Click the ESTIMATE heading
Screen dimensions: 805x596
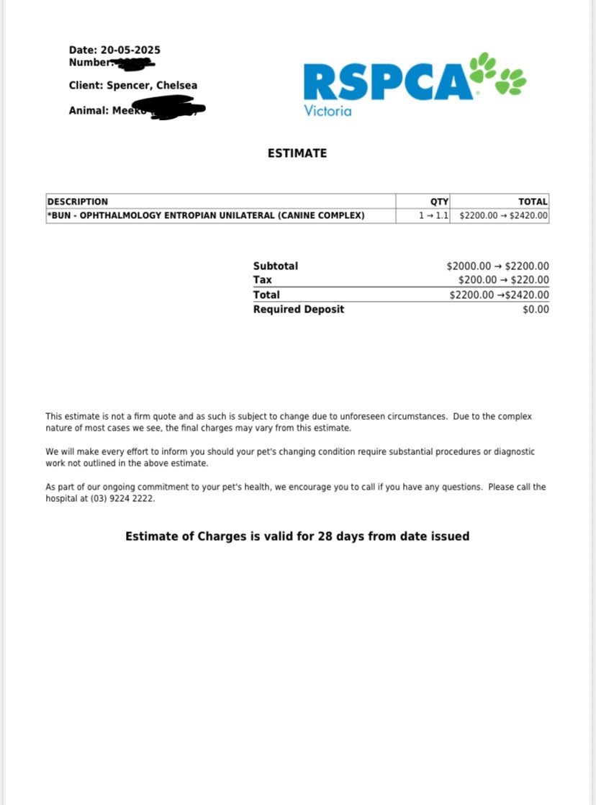tap(297, 153)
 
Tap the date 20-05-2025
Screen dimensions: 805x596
tap(130, 50)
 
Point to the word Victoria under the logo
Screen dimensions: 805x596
tap(328, 111)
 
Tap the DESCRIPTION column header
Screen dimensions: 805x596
tap(78, 202)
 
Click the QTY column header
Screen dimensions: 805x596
tap(439, 202)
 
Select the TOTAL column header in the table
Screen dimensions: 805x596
tap(533, 202)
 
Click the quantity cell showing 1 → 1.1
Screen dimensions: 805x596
tap(434, 215)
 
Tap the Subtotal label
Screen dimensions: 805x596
tap(275, 266)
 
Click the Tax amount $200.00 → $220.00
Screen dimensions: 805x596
tap(503, 280)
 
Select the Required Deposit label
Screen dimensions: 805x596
tap(299, 309)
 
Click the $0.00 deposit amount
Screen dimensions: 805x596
tap(536, 310)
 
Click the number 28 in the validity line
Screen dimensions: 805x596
tap(325, 536)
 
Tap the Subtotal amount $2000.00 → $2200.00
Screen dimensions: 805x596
tap(497, 266)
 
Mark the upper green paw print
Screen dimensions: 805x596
tap(483, 67)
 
